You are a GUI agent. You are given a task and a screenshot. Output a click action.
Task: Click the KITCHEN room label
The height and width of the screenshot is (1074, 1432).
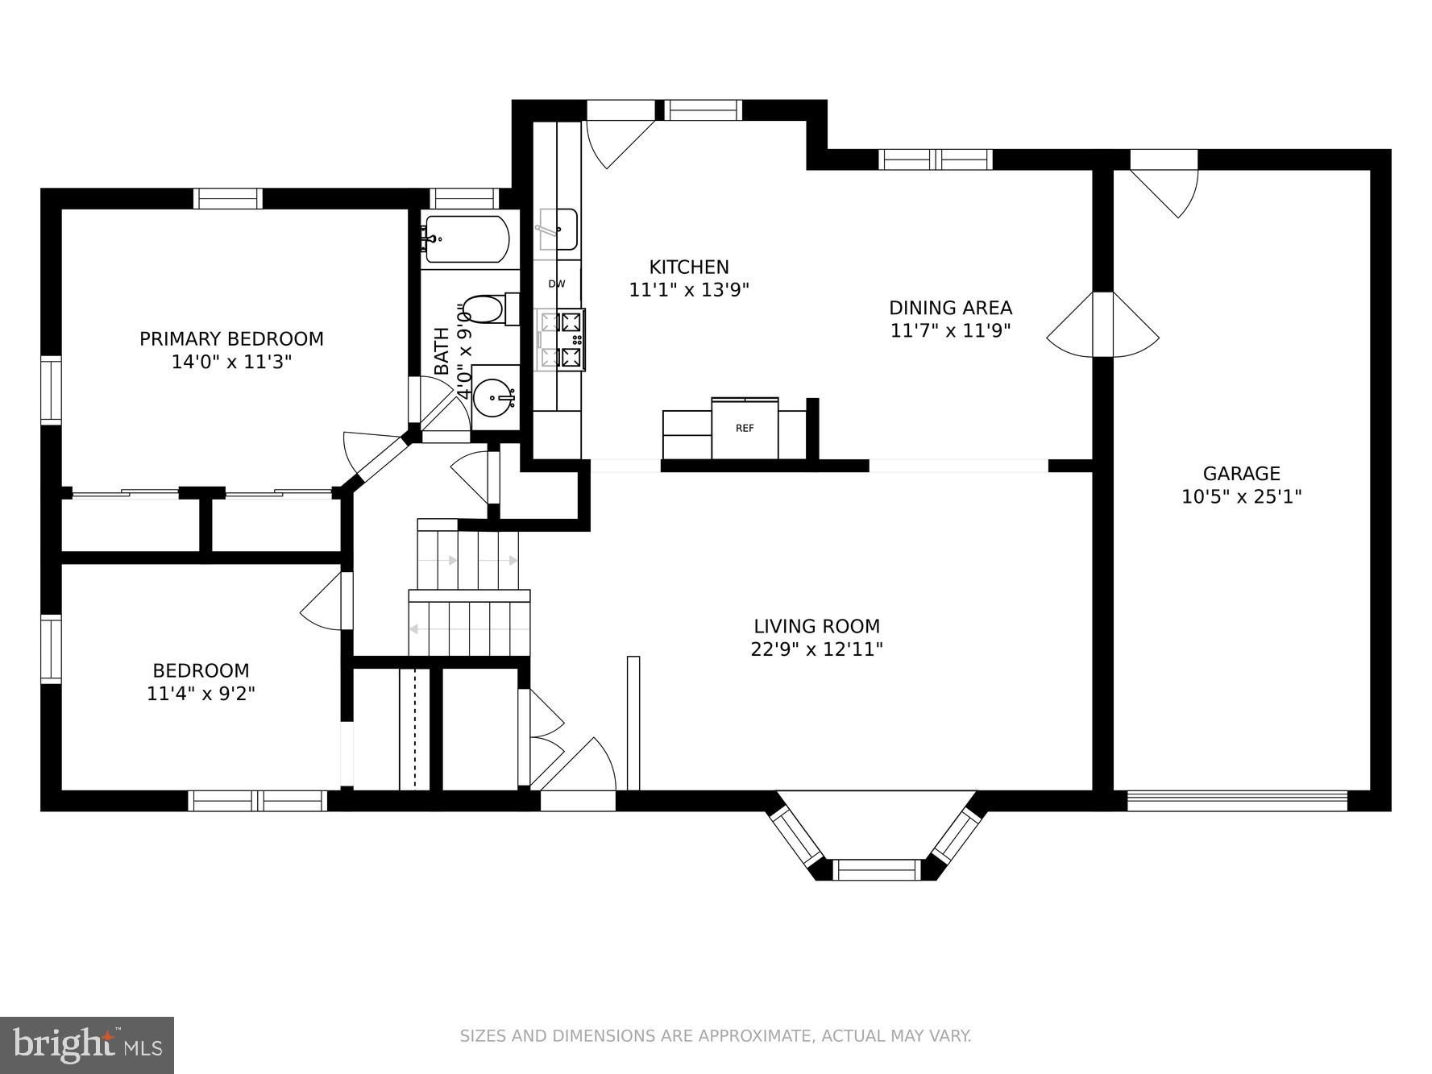pos(689,267)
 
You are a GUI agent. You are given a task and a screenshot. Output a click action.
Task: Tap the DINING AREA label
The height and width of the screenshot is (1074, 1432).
pos(950,308)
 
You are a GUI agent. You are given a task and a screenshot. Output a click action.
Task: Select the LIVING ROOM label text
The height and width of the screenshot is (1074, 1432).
pos(816,626)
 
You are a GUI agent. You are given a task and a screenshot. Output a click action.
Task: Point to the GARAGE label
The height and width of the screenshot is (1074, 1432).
pos(1241,474)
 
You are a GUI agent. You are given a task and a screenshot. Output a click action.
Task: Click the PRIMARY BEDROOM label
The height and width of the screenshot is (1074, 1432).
pos(231,339)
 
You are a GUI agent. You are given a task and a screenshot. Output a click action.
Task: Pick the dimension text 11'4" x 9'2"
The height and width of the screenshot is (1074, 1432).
pos(201,693)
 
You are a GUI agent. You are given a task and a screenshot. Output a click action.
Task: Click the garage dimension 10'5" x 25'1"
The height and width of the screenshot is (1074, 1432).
pos(1241,496)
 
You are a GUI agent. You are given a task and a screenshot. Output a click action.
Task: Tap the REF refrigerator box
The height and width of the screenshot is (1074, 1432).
pos(745,428)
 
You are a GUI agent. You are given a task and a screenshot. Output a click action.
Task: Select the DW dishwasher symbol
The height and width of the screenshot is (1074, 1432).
pos(557,284)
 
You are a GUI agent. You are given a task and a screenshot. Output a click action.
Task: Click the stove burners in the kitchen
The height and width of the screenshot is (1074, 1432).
pos(561,339)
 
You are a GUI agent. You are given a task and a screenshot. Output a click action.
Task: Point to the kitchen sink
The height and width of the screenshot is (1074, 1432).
pos(557,229)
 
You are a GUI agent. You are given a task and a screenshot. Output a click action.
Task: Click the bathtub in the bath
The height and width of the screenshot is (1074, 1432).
pos(467,238)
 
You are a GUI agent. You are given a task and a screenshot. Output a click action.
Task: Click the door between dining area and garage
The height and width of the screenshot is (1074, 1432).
pos(1102,324)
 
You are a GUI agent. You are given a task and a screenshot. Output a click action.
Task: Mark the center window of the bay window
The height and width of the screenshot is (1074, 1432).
pos(876,869)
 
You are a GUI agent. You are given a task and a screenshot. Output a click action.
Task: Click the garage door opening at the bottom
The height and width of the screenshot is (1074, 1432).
pos(1237,800)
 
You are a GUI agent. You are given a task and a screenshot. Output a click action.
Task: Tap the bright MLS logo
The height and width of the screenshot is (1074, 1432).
pos(87,1045)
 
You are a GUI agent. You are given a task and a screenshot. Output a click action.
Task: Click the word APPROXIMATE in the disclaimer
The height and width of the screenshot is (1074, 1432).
pos(753,1035)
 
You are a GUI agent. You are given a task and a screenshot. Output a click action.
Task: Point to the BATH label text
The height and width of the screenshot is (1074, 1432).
pos(442,350)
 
